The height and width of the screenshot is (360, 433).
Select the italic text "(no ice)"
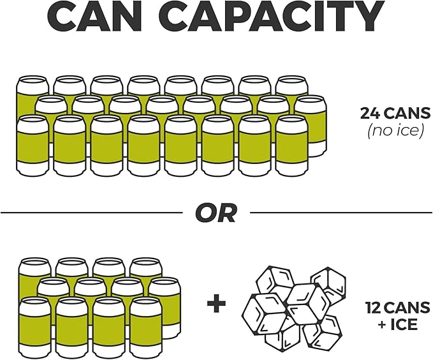click(395, 131)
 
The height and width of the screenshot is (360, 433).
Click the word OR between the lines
click(216, 213)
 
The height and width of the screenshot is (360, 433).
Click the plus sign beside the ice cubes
click(216, 303)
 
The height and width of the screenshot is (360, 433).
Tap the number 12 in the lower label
click(374, 308)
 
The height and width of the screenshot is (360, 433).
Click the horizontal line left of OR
click(91, 213)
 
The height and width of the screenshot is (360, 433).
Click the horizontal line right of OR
click(341, 213)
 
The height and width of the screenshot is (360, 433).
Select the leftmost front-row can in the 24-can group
click(33, 146)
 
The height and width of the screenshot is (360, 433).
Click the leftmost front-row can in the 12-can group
click(35, 327)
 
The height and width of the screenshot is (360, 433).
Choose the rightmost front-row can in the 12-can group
click(146, 327)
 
